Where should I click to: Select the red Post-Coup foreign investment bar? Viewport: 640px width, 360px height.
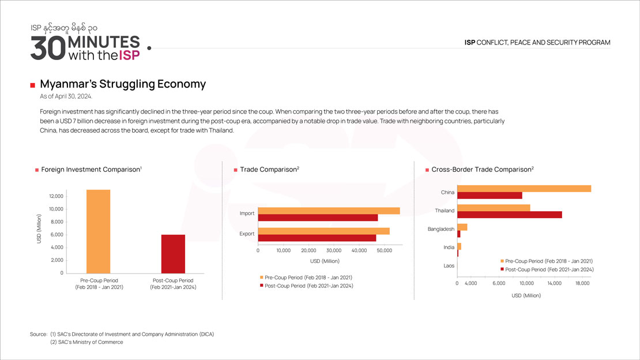[173, 254]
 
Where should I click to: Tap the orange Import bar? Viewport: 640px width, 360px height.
[329, 211]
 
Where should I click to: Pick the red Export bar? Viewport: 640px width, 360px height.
[317, 238]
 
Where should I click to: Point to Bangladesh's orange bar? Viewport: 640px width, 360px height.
[462, 227]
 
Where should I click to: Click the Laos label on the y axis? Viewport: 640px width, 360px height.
[449, 266]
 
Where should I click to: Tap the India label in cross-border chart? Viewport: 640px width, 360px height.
[449, 247]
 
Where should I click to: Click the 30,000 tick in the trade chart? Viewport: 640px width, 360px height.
[334, 251]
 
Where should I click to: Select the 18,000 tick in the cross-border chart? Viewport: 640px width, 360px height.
[583, 284]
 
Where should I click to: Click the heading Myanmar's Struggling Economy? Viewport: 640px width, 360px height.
[123, 84]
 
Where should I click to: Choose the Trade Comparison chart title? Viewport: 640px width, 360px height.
[269, 170]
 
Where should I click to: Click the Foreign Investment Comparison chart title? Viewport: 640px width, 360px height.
[91, 170]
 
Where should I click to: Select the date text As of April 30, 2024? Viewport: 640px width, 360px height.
[66, 96]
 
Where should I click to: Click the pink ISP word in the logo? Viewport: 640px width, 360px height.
[129, 55]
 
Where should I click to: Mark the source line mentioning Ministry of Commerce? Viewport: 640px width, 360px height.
[86, 342]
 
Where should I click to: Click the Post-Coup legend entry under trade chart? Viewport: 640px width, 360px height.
[308, 286]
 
